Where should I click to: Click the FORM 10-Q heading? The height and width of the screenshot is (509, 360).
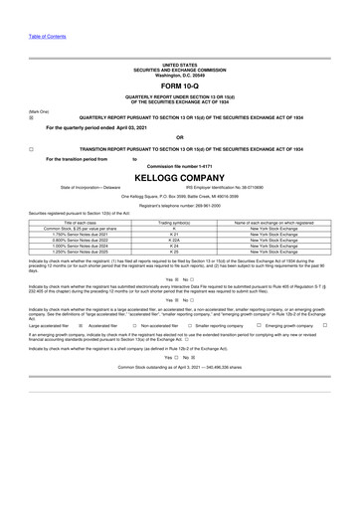[180, 88]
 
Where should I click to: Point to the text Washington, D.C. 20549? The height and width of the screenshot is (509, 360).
[180, 76]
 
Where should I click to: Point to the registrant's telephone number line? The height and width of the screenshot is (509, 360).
[180, 204]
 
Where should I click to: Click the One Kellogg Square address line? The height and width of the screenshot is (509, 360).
[180, 196]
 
